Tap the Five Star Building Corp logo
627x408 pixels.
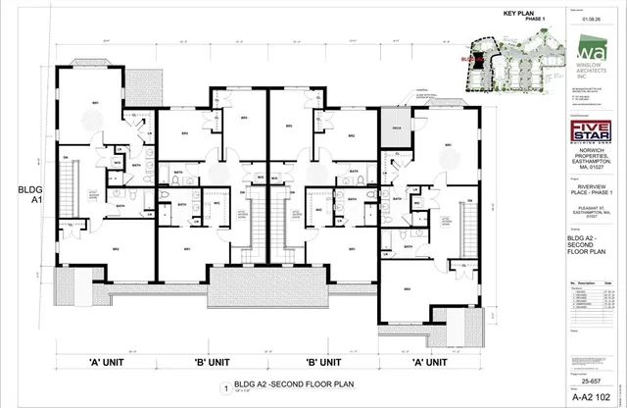click(592, 130)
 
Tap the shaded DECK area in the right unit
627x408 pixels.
click(398, 128)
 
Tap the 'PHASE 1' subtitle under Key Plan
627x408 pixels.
click(536, 19)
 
